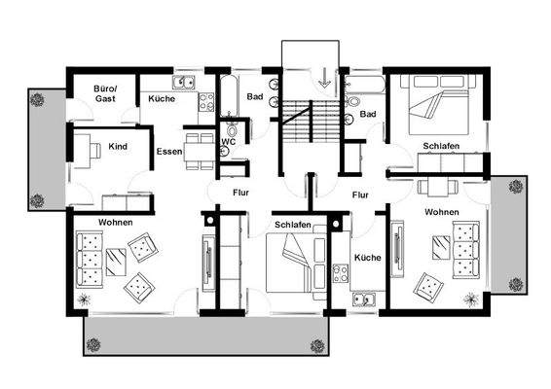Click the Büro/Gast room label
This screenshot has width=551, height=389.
coord(105,93)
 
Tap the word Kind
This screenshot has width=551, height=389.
coord(118,147)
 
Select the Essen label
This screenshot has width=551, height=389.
coord(169,152)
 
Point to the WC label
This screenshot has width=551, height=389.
coord(229,141)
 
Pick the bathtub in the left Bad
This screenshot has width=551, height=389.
coord(229,95)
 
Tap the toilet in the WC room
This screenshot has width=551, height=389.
coord(232,129)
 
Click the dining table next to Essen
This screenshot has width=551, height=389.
coord(200,152)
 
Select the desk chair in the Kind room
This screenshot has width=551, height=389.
coord(95,151)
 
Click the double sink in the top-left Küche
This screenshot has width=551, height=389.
coord(184,82)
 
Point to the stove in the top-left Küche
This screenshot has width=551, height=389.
coord(206,102)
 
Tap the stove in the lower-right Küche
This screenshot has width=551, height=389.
coord(341,273)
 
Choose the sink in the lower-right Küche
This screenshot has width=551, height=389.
coord(364,300)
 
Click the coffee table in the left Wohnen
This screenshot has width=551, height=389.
coord(116,262)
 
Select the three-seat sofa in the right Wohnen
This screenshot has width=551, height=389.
coord(466,250)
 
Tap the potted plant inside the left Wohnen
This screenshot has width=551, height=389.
coord(84,300)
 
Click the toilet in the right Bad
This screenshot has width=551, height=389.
coord(352,101)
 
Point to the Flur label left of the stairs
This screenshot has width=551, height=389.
coord(240,193)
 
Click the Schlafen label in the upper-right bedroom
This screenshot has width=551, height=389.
coord(441,146)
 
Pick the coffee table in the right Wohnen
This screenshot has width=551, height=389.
coord(441,248)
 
